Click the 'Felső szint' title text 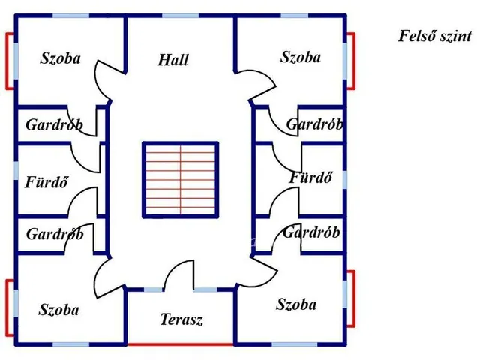click(435, 36)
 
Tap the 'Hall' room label click(173, 60)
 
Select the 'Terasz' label click(181, 319)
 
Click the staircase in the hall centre click(181, 180)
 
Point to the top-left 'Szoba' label click(60, 58)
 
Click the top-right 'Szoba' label click(301, 57)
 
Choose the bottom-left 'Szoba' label click(58, 310)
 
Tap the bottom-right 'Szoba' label click(296, 304)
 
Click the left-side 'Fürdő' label click(46, 182)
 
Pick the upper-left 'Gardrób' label click(55, 125)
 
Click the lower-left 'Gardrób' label click(55, 234)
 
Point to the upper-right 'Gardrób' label click(315, 124)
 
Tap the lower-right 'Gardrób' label click(311, 232)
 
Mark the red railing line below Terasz click(181, 344)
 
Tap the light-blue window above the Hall click(180, 16)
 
